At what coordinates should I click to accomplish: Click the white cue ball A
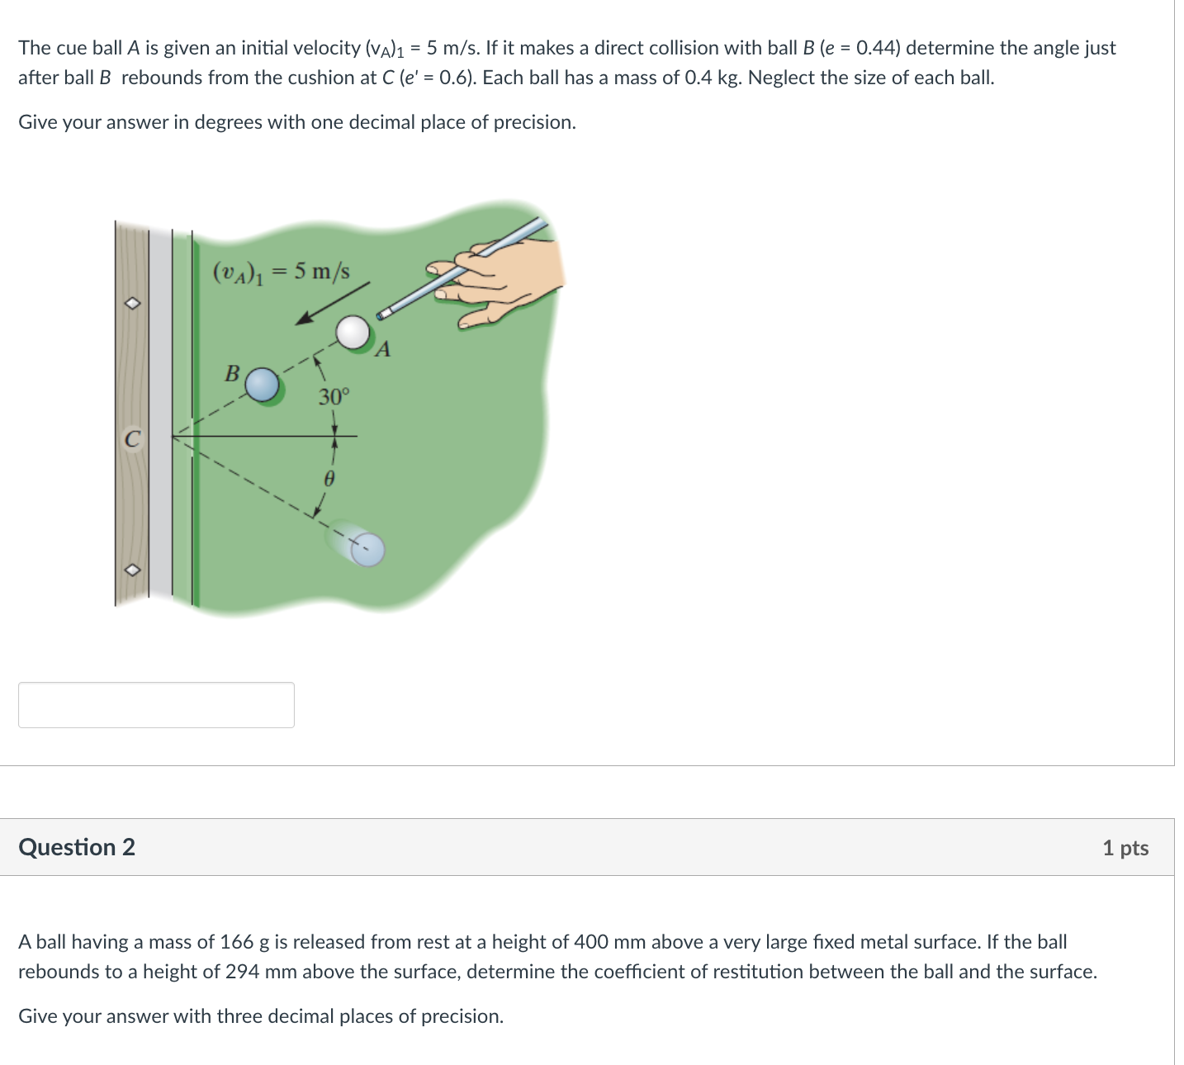click(353, 332)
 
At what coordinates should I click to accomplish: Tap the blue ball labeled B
click(263, 385)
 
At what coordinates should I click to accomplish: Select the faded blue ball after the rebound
click(367, 550)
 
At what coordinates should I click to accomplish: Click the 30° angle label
click(334, 397)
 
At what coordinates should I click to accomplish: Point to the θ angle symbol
click(328, 478)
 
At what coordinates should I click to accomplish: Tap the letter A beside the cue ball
click(382, 350)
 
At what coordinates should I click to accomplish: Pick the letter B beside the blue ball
click(232, 373)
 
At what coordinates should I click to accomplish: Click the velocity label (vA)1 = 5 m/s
click(282, 271)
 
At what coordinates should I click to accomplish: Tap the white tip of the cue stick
click(384, 314)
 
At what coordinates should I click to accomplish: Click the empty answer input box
click(156, 705)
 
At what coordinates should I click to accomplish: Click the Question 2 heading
click(77, 847)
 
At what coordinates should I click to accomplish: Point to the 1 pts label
click(1125, 848)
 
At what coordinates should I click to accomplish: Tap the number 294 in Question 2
click(243, 972)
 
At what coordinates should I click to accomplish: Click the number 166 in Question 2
click(237, 942)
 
